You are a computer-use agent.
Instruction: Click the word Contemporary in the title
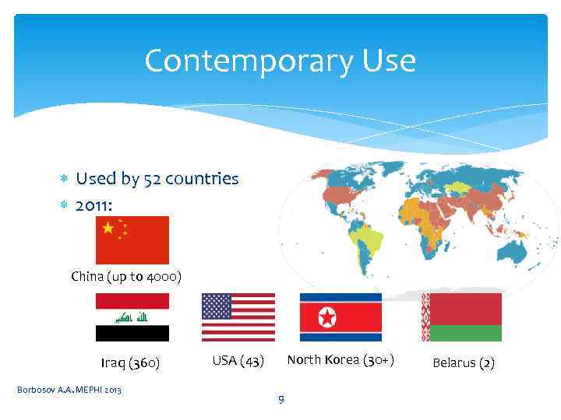tap(245, 61)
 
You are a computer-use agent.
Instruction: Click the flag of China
tap(132, 240)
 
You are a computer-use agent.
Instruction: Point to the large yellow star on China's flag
tap(108, 228)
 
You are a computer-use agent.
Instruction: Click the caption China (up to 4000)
tap(126, 277)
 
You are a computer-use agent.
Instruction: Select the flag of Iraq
tap(132, 317)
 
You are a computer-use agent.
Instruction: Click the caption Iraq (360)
tap(130, 362)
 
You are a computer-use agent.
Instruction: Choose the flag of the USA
tap(238, 317)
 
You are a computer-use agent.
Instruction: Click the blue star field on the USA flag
tap(217, 306)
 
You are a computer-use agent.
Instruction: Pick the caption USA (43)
tap(238, 361)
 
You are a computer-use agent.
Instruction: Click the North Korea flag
tap(340, 317)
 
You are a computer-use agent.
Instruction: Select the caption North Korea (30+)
tap(340, 359)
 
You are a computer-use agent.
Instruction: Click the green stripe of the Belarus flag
tap(465, 333)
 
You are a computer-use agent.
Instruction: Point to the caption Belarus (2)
tap(464, 362)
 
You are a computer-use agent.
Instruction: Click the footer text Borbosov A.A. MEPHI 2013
tap(69, 389)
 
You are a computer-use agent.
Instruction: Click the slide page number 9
tap(281, 400)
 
